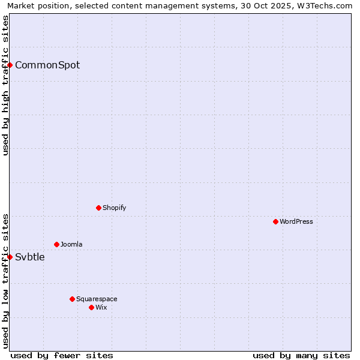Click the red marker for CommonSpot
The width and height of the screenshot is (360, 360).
10,65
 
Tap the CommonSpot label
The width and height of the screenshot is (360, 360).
47,65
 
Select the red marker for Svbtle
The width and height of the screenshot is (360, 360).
10,257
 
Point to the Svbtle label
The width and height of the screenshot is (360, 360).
30,257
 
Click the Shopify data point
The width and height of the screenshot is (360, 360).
98,208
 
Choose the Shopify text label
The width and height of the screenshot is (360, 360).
114,208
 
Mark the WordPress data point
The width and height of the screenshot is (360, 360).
275,221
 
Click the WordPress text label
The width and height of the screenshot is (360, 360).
296,222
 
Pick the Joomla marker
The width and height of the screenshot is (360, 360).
56,244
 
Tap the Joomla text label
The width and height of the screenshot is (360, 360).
71,245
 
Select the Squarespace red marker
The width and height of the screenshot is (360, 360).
72,299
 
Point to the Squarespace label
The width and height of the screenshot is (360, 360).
97,299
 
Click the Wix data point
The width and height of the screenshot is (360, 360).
91,307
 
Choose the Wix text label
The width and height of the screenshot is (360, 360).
101,308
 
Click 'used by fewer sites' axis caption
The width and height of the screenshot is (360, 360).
62,355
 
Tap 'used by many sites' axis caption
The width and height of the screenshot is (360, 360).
301,355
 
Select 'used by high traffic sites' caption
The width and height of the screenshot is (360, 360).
5,85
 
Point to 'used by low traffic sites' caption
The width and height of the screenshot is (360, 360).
5,281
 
